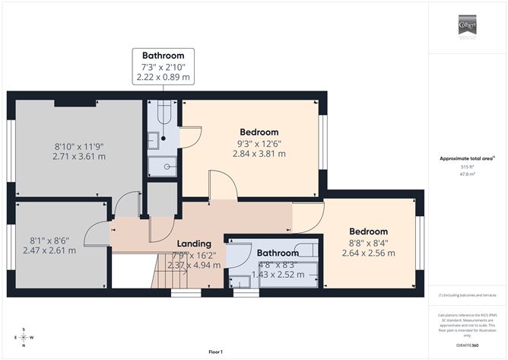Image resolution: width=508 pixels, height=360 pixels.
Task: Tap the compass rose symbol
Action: point(24,336)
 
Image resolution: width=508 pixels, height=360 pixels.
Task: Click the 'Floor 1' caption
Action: point(219,352)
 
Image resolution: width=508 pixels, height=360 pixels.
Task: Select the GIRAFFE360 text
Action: point(468,345)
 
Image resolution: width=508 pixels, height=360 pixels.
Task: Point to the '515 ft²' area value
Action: point(467,166)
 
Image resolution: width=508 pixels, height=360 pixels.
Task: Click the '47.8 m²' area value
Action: point(467,174)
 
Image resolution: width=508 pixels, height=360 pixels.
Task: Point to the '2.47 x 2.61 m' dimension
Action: point(49,250)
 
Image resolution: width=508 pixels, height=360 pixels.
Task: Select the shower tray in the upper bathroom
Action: point(163,164)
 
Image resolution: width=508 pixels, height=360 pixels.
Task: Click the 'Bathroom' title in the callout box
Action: point(163,56)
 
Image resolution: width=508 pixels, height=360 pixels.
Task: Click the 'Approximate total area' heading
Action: point(467,158)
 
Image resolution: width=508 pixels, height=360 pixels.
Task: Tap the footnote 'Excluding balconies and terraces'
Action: point(467,295)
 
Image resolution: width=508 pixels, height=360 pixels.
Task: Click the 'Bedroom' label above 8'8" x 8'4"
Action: point(368,231)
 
